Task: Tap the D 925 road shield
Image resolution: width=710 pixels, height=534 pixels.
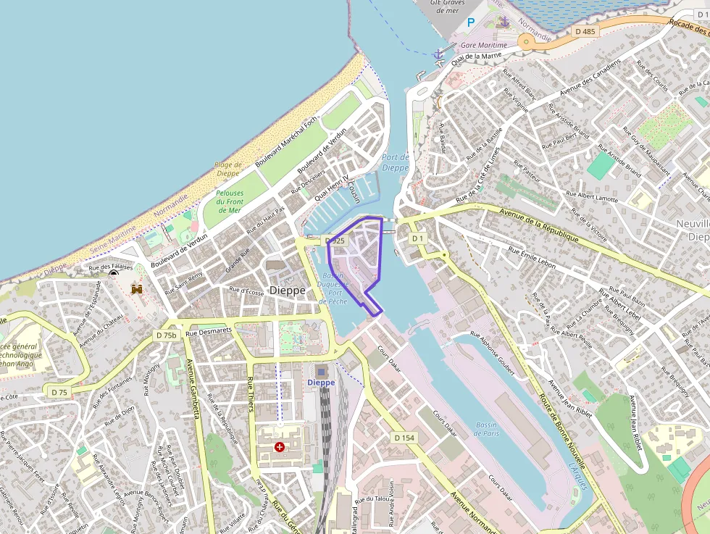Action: point(335,240)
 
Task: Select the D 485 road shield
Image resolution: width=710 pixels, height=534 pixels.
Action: point(585,31)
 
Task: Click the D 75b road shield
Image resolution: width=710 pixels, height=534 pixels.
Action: point(166,335)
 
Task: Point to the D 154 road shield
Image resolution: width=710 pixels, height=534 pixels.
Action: point(405,438)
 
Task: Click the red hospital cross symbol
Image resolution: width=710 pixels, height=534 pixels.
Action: point(279,447)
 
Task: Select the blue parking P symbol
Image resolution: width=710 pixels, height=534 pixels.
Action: point(470,22)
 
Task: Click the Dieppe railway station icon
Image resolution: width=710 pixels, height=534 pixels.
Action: point(321,371)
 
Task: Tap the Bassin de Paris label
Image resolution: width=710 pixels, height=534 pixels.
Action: point(487,429)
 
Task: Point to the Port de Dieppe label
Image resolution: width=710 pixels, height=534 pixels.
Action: point(396,162)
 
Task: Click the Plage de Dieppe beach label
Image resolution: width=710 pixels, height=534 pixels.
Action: point(227,169)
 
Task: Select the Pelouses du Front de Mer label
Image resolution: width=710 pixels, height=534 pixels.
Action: point(230,201)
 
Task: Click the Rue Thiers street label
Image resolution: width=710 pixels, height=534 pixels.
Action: point(251,394)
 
